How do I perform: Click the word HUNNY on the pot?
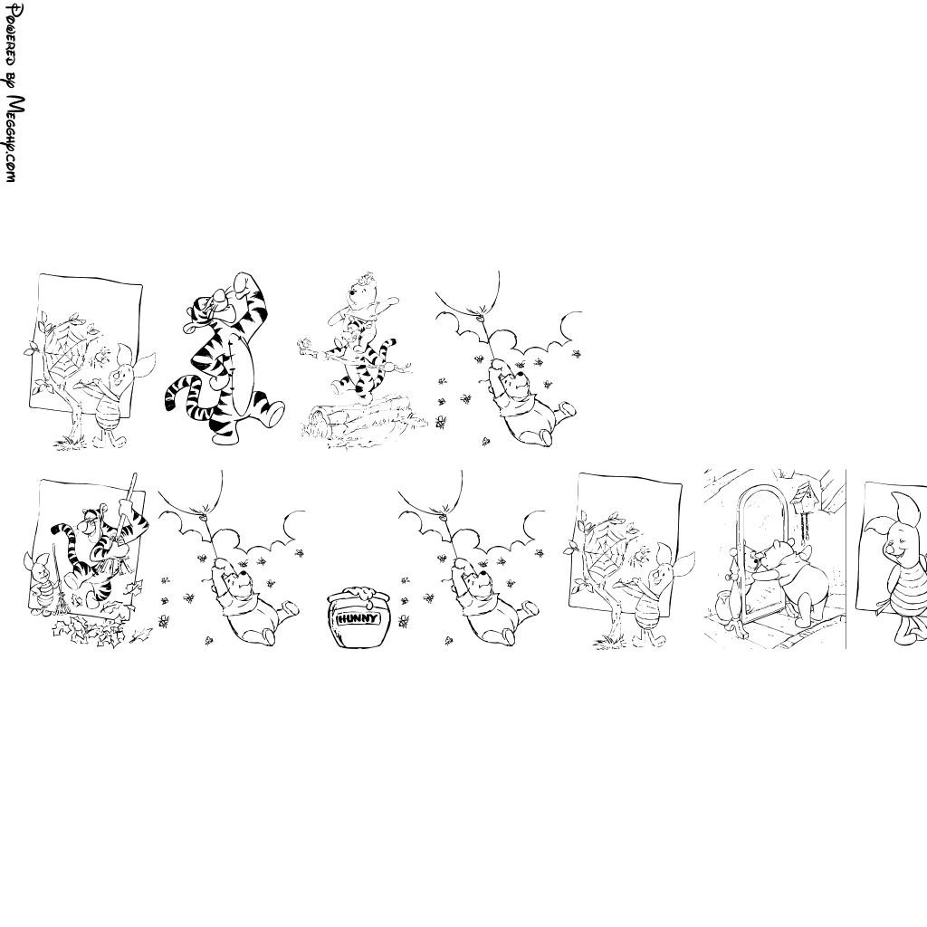click(356, 619)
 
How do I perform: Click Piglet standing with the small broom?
click(39, 582)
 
